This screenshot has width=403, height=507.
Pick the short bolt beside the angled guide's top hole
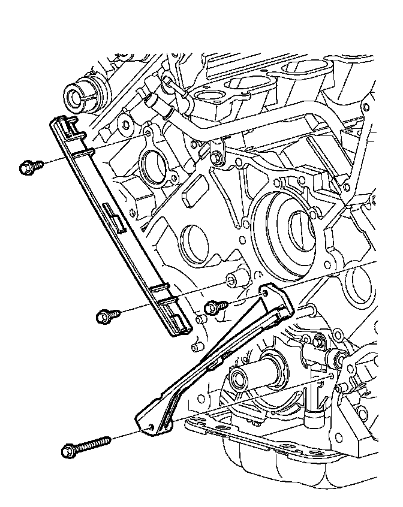213,308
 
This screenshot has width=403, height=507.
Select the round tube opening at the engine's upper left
76,95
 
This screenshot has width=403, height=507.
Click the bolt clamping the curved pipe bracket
216,157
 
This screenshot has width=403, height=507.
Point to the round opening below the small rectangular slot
193,239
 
